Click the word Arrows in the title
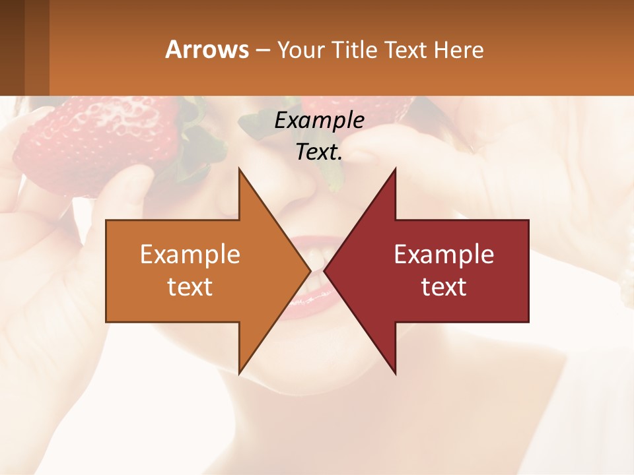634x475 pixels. tap(207, 49)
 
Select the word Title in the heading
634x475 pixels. tap(357, 49)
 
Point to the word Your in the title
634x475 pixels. tap(300, 49)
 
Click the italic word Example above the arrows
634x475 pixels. tap(319, 120)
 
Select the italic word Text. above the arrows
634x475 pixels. tap(319, 152)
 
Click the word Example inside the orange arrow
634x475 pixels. tap(190, 254)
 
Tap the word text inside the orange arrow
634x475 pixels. tap(190, 287)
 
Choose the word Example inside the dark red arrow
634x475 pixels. tap(444, 254)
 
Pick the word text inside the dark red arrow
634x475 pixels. tap(444, 287)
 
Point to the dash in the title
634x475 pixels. tap(262, 50)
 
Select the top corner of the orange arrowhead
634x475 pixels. tap(239, 170)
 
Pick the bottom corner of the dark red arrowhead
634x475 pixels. tap(395, 373)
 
